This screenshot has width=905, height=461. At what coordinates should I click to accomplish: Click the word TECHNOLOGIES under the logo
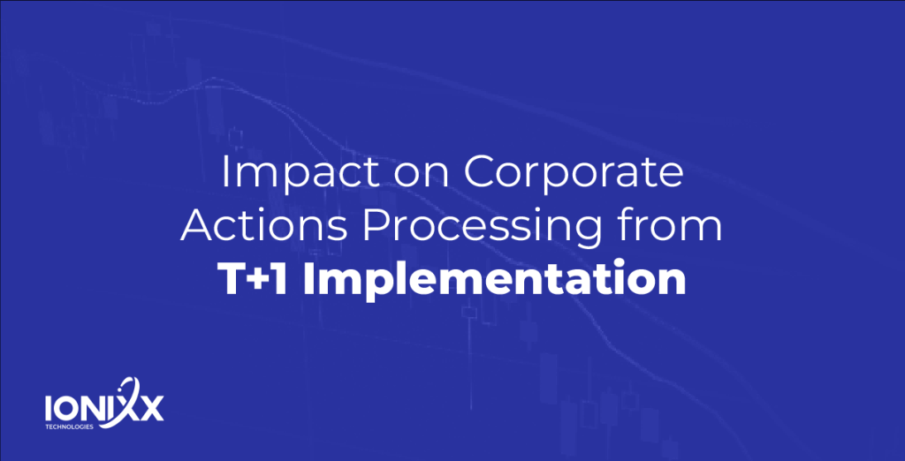click(69, 427)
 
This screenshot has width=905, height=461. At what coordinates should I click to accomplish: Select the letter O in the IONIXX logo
click(66, 409)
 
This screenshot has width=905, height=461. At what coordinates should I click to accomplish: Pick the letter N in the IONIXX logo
click(94, 409)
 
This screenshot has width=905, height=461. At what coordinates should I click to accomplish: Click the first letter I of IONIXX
click(49, 409)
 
